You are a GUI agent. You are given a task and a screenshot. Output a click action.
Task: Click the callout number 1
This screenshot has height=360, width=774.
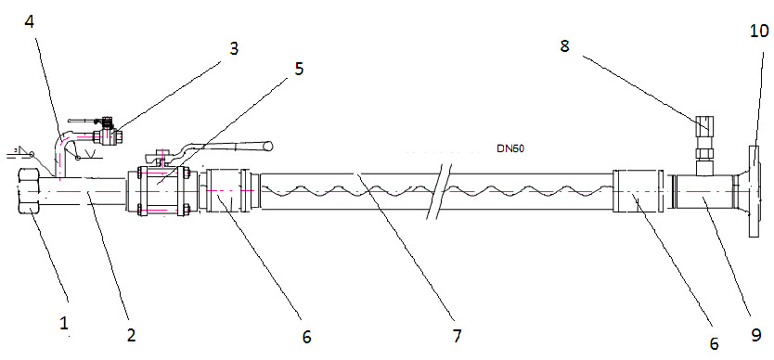(64, 324)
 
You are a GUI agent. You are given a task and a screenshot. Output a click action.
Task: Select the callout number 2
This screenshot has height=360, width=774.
(130, 335)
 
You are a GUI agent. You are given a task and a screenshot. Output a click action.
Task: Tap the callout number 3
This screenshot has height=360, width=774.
(234, 48)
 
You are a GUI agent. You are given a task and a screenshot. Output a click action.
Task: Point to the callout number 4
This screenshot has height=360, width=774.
(30, 21)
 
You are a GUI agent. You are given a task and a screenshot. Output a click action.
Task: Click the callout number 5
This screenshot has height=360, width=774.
(299, 68)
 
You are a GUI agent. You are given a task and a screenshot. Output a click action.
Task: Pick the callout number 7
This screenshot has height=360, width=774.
(457, 336)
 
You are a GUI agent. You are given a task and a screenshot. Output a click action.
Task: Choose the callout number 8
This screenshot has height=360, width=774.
(564, 45)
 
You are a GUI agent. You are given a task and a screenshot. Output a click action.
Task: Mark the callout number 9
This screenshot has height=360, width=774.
(755, 336)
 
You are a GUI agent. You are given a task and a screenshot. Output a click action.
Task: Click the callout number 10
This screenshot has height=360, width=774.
(759, 31)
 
